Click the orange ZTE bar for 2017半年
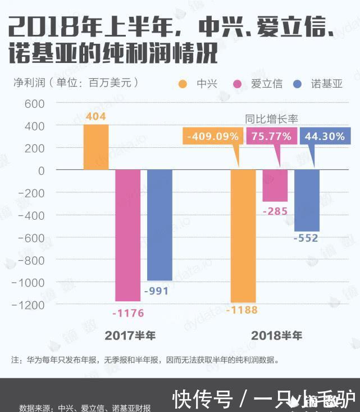pos(96,147)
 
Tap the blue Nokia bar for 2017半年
pos(160,225)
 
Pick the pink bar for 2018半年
pos(275,185)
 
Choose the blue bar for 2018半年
pos(307,200)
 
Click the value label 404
pos(95,117)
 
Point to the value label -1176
pos(128,313)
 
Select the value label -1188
pos(241,310)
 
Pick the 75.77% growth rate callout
pos(271,136)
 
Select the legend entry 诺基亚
pos(326,84)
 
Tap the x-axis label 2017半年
pos(130,336)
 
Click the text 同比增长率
pos(271,119)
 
